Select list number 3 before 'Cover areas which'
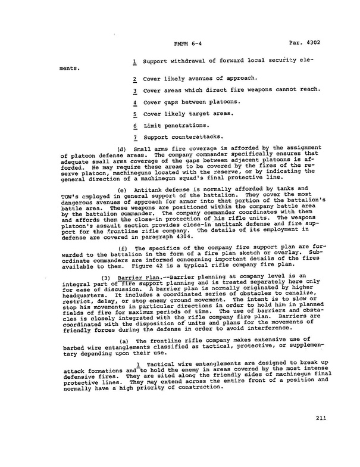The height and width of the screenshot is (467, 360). pyautogui.click(x=136, y=91)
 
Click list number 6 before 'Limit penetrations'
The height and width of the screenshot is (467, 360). pyautogui.click(x=136, y=126)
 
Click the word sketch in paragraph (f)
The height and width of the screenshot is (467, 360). pyautogui.click(x=251, y=254)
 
